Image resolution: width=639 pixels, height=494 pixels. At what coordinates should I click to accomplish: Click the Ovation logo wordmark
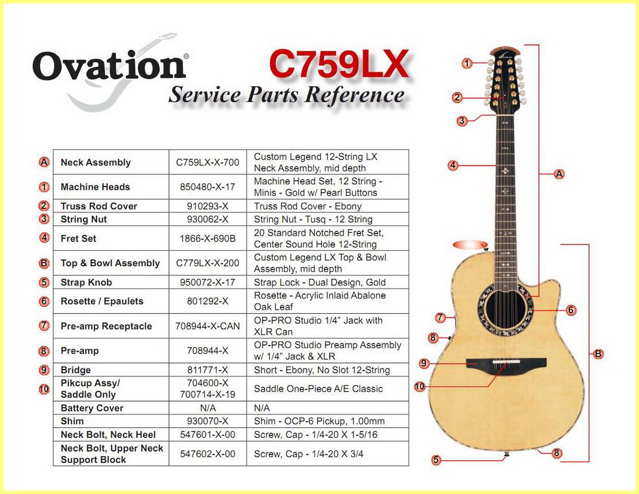tap(110, 66)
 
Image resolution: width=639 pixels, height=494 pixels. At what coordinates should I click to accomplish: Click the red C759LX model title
tap(339, 64)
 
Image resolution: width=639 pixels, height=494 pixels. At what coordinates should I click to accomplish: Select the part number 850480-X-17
tap(207, 187)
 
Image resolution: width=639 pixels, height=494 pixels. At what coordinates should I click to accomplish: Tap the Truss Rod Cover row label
tap(99, 206)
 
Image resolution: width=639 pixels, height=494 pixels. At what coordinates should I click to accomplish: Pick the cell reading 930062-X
tap(207, 219)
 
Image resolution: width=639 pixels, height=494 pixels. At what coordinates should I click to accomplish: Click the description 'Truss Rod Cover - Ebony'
tap(307, 206)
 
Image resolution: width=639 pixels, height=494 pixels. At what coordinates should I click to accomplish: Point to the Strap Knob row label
tap(86, 282)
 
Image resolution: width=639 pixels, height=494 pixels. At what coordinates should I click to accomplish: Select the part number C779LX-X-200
tap(207, 263)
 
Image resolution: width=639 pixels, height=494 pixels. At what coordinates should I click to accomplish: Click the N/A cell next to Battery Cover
tap(207, 408)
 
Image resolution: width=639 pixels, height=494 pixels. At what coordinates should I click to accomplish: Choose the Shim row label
tap(72, 421)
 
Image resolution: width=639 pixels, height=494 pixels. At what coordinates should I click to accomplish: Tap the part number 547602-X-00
tap(207, 454)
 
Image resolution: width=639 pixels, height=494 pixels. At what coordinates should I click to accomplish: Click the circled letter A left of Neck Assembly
tap(44, 162)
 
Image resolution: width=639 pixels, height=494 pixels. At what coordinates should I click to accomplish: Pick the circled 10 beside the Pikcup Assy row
tap(44, 389)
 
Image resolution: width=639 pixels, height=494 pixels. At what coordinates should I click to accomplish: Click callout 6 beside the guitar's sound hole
tap(571, 310)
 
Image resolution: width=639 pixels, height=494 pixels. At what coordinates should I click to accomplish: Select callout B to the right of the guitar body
tap(598, 353)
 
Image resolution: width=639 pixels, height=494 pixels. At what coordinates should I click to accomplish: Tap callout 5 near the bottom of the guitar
tap(437, 460)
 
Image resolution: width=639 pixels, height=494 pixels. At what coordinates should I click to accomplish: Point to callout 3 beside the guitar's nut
tap(462, 121)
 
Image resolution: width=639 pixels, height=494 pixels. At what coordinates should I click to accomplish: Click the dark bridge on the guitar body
tap(506, 364)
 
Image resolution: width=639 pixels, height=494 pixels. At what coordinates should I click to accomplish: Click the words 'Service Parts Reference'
tap(287, 95)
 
